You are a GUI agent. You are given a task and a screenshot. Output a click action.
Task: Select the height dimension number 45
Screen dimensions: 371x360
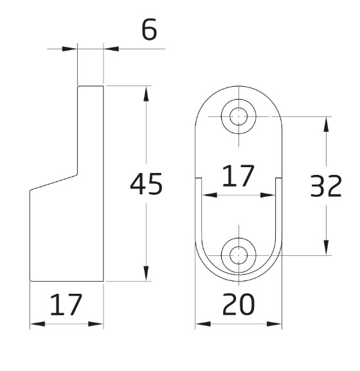coord(146,185)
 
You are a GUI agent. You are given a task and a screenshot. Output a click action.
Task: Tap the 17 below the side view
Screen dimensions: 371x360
coord(67,306)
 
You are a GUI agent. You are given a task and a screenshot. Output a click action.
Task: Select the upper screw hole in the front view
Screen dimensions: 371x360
coord(239,116)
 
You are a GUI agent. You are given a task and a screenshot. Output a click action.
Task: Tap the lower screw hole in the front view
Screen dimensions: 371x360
coord(239,255)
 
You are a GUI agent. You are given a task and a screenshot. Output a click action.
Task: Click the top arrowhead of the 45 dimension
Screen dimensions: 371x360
coord(147,93)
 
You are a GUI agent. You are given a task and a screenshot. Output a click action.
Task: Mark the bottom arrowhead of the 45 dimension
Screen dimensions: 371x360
coord(147,273)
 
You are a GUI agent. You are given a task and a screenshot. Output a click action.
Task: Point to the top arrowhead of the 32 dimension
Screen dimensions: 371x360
coord(328,124)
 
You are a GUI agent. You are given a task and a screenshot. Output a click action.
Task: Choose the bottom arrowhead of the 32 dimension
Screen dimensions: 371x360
coord(328,247)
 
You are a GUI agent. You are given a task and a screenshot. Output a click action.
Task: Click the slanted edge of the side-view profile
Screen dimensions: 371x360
coord(55,181)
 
